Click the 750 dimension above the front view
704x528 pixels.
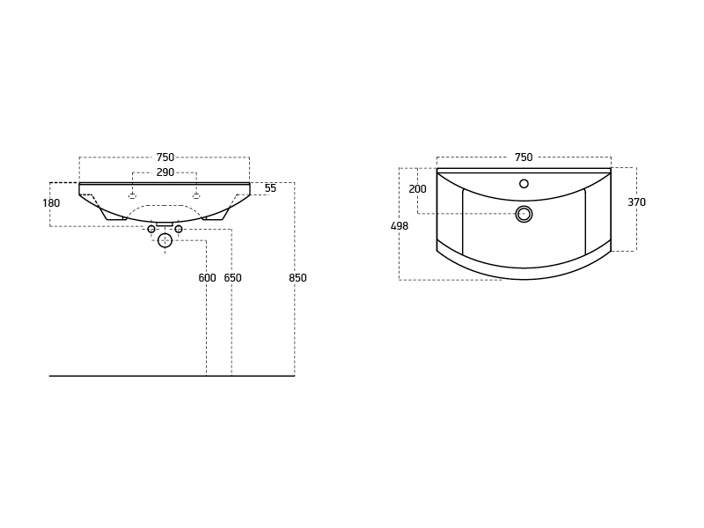165,158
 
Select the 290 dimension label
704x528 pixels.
165,172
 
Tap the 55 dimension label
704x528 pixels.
270,188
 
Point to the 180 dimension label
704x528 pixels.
51,203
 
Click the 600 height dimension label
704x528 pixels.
207,278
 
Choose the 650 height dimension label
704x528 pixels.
232,278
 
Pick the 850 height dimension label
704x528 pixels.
297,278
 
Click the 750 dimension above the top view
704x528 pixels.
524,158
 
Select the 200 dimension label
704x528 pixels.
417,189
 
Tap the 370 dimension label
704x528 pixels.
636,202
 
